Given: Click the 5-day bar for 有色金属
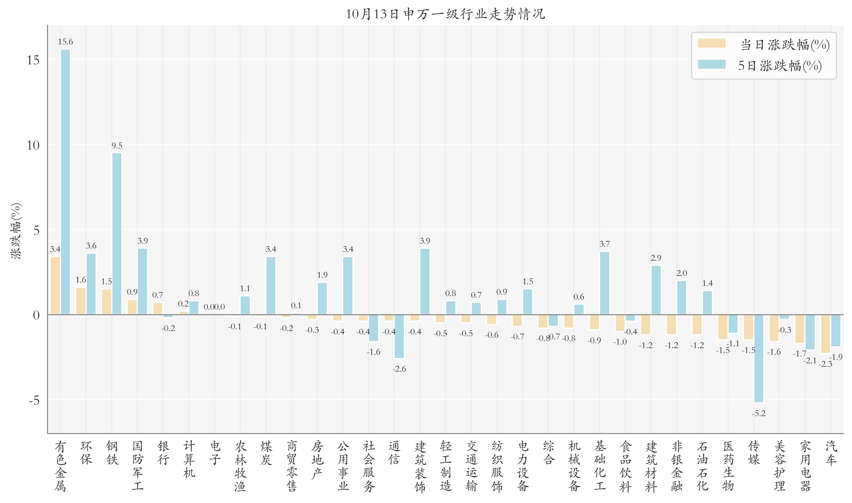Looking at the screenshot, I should coord(66,182).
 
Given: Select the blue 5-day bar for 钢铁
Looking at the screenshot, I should coord(117,233).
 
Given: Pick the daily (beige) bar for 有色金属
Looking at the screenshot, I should coord(55,285).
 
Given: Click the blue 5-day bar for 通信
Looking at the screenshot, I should coord(399,336).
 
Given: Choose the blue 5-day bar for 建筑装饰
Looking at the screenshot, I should coord(425,281).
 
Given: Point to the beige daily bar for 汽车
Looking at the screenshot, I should coord(825,334).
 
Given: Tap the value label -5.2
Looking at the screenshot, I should coord(759,413).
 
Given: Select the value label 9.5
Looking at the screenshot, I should coord(117,145).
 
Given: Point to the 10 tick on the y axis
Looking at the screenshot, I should coord(33,145).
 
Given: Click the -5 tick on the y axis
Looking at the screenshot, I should coord(34,400).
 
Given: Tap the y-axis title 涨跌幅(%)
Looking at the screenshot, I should coord(16,231).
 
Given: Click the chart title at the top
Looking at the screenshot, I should coord(445,14).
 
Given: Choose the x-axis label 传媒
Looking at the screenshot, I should coord(754,452).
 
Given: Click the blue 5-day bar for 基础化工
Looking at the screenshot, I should coord(604,283).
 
